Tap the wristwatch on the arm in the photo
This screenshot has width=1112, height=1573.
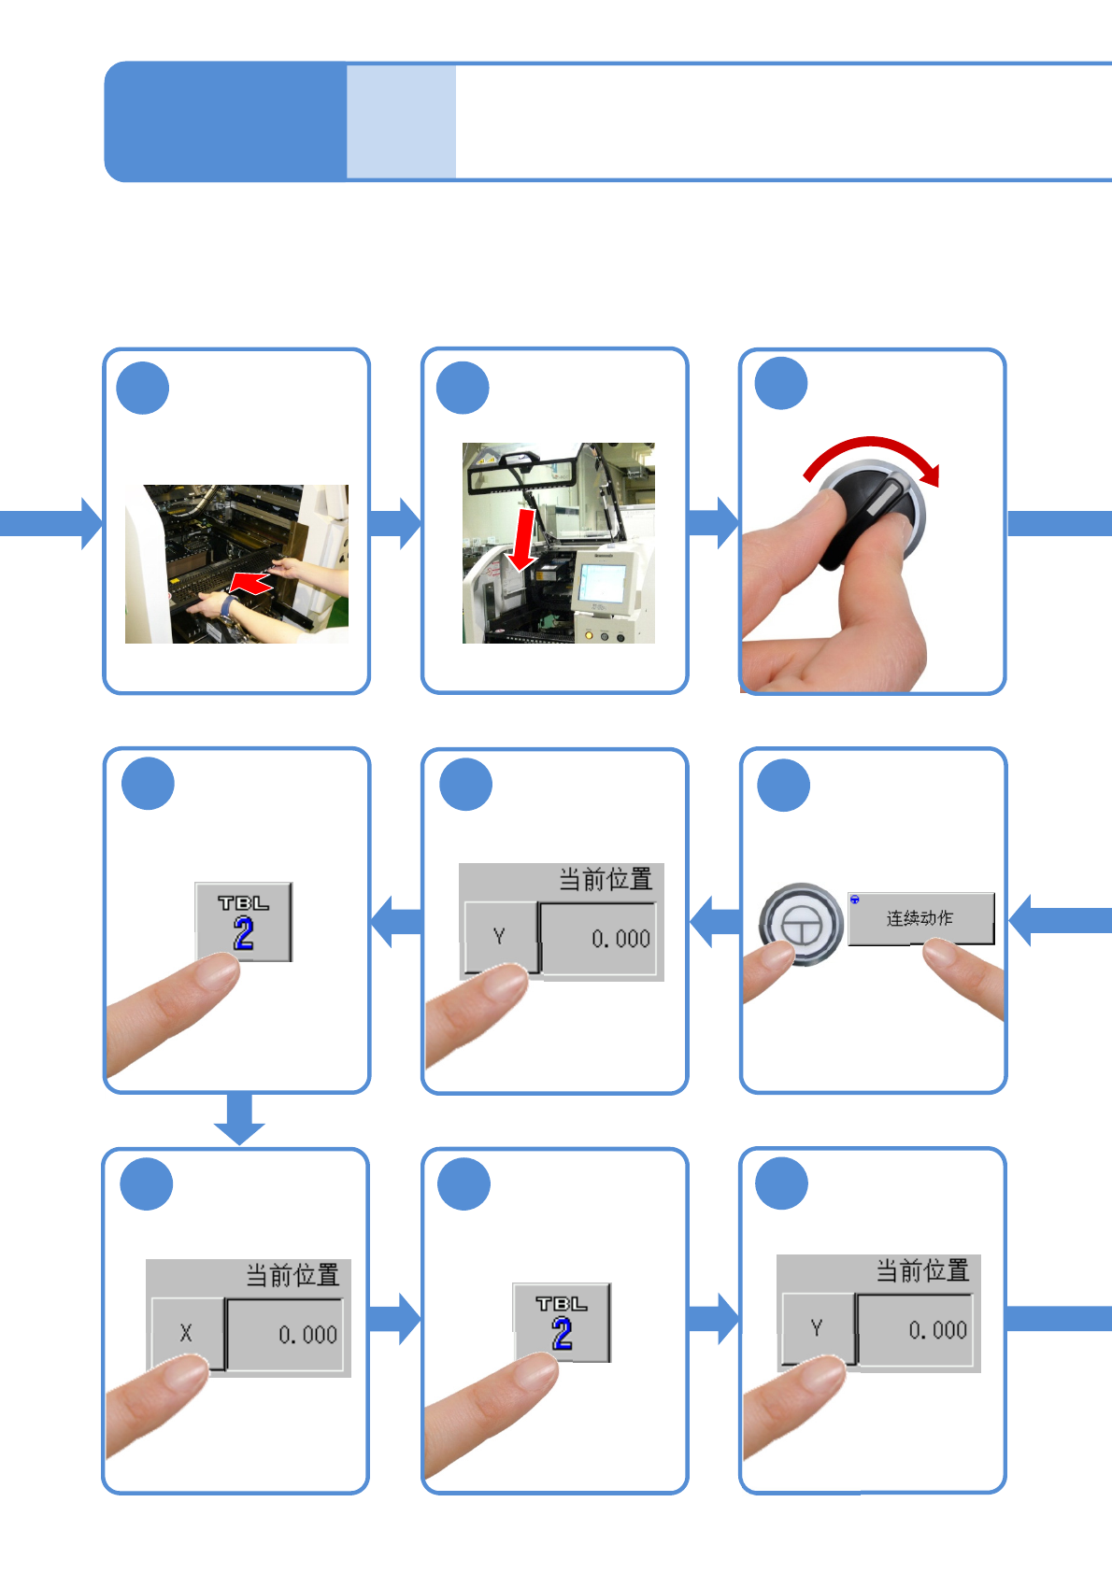click(228, 608)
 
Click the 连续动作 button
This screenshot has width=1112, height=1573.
click(920, 918)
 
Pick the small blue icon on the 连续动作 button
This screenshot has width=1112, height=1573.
click(855, 900)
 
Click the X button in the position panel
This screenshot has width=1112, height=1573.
click(187, 1333)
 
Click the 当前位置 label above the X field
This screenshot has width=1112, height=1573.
click(292, 1275)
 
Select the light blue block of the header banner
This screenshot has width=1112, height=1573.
click(401, 121)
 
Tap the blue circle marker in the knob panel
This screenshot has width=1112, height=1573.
click(781, 384)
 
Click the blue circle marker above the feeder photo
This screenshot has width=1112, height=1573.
click(143, 389)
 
